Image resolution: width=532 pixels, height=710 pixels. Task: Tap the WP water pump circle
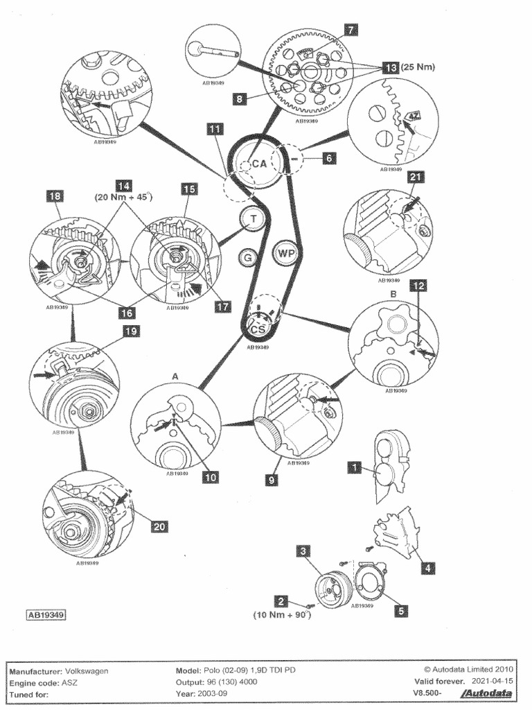click(286, 253)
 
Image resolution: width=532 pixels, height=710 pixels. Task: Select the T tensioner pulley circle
click(254, 220)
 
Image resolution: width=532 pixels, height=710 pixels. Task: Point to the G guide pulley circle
click(246, 259)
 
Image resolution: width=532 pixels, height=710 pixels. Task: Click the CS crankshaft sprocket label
click(258, 329)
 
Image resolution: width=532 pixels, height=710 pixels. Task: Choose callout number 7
click(351, 30)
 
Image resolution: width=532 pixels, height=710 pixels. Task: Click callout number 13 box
click(390, 68)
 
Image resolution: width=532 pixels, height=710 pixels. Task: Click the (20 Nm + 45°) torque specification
click(123, 197)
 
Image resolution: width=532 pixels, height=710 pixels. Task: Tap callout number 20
click(159, 526)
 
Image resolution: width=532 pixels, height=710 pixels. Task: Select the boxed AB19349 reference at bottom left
click(46, 614)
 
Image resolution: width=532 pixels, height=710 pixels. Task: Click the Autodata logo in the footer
click(491, 693)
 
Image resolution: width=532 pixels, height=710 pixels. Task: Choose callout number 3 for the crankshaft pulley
click(303, 551)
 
